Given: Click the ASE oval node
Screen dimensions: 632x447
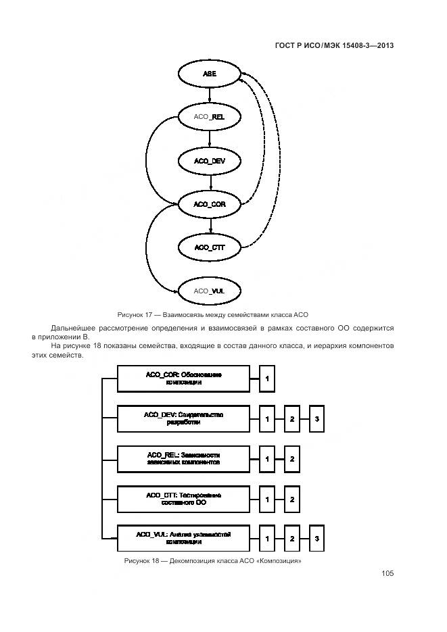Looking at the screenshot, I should click(x=210, y=74).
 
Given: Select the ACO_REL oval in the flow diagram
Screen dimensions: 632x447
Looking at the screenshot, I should click(x=210, y=117).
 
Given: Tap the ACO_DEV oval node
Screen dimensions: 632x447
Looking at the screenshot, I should click(x=210, y=161).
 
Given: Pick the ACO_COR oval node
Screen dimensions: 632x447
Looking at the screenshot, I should click(x=210, y=204).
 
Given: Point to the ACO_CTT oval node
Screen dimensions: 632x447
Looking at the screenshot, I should click(x=210, y=247).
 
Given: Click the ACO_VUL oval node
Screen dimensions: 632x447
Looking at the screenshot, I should click(x=210, y=291).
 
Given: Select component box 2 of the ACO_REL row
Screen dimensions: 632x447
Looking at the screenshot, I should click(x=291, y=460).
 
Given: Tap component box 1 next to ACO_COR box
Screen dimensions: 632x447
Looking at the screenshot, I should click(x=267, y=379).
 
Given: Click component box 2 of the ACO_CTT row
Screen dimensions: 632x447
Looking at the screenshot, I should click(x=291, y=500).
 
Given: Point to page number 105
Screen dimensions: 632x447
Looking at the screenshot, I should click(x=387, y=573).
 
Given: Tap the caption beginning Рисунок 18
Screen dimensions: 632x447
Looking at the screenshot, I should click(x=212, y=561).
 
